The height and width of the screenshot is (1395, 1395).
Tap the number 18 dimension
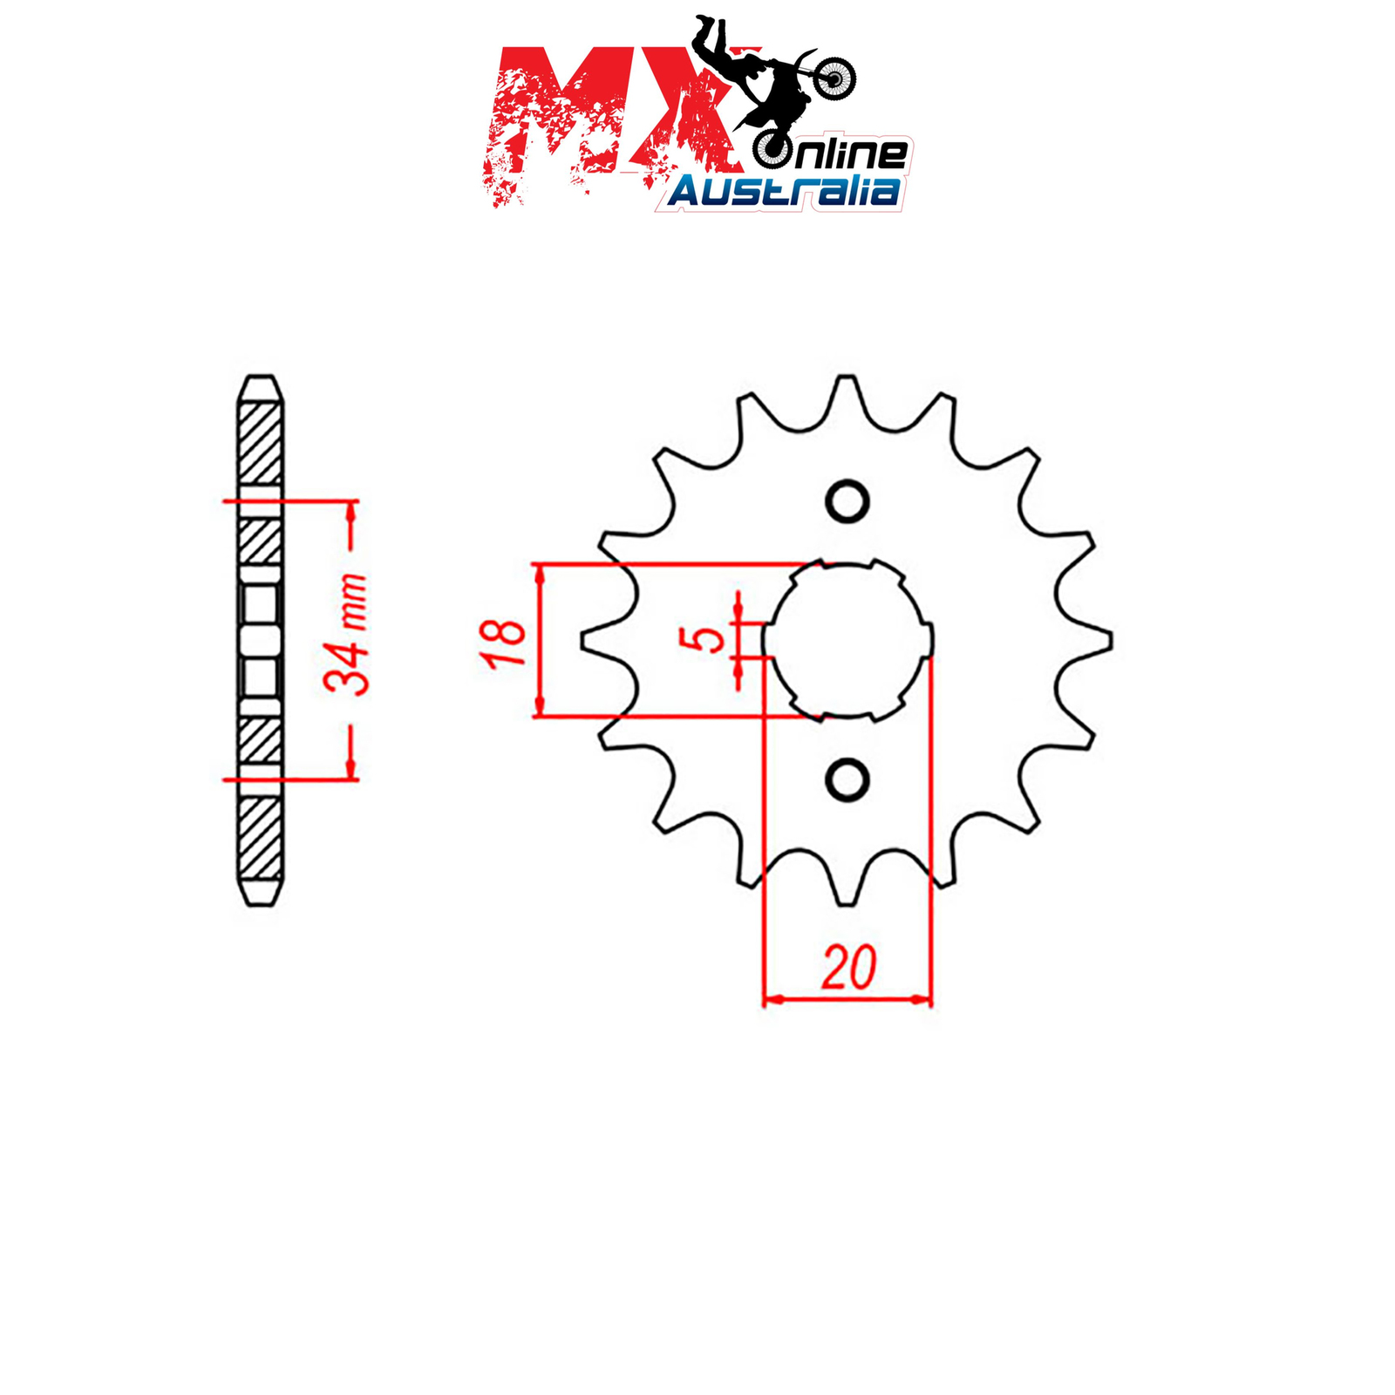(x=503, y=643)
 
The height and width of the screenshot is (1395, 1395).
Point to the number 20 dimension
(x=848, y=968)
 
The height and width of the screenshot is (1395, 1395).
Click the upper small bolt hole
(x=847, y=502)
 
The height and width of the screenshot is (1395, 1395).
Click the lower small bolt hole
(x=847, y=779)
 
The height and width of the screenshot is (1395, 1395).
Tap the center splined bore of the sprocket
(x=847, y=641)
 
